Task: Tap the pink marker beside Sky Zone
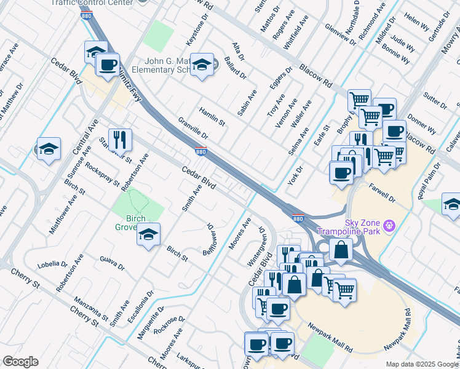click(389, 228)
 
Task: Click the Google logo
click(20, 362)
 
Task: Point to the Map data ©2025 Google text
click(422, 364)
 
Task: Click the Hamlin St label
click(212, 116)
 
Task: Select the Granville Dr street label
click(194, 127)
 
